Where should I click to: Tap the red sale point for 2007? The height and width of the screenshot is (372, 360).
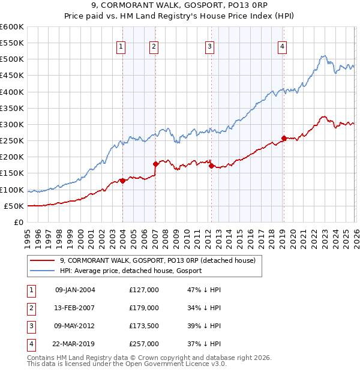(x=155, y=163)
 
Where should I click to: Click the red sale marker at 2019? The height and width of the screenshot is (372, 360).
(x=284, y=138)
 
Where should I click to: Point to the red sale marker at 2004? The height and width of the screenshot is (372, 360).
(x=122, y=181)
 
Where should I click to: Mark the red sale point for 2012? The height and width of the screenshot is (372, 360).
(x=211, y=166)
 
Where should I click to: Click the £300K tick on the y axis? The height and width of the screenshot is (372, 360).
(x=11, y=125)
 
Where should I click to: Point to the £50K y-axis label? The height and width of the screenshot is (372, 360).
(x=13, y=206)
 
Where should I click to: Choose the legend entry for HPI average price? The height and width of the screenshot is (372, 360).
(x=130, y=271)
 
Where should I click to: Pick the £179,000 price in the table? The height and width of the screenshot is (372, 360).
(x=144, y=308)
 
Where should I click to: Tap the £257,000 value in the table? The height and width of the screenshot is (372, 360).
(x=144, y=344)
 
